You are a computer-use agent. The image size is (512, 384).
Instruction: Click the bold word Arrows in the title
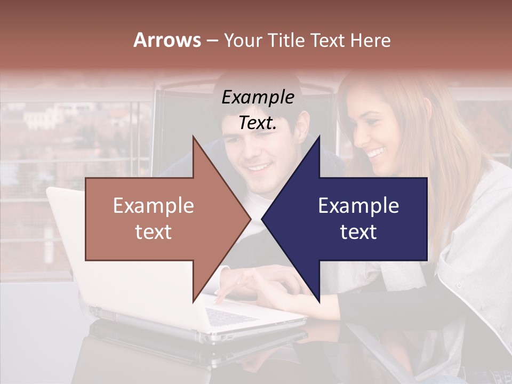(167, 40)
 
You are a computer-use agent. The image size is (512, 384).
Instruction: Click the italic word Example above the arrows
(258, 98)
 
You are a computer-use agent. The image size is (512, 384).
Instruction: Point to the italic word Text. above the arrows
(258, 123)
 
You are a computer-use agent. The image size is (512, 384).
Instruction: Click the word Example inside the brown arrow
(154, 205)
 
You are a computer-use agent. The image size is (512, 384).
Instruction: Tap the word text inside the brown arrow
(154, 232)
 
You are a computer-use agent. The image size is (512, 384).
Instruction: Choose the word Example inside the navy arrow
(358, 205)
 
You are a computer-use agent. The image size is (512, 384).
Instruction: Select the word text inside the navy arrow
(358, 232)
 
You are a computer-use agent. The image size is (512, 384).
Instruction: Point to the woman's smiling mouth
(375, 154)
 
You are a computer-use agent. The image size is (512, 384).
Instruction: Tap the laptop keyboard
(229, 316)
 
